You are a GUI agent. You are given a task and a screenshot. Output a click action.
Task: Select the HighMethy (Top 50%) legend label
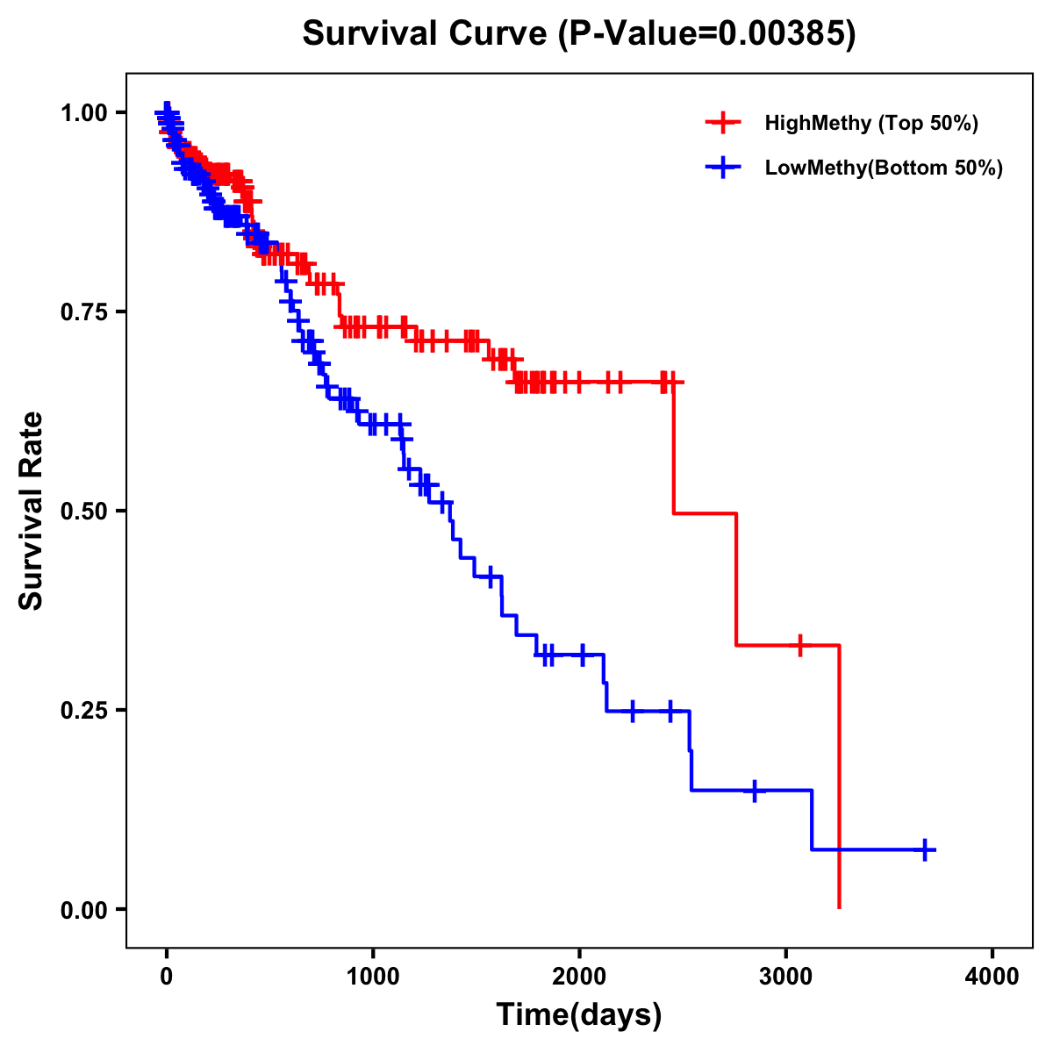tap(870, 123)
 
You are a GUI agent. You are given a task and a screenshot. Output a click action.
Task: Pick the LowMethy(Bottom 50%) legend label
tap(884, 168)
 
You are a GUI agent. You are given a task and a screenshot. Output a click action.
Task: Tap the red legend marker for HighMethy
tap(723, 123)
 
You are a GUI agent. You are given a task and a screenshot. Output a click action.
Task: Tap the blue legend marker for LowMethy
tap(723, 168)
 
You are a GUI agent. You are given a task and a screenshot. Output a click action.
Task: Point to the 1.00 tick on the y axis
tap(84, 113)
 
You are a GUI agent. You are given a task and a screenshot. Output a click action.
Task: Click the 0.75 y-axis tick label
tap(84, 312)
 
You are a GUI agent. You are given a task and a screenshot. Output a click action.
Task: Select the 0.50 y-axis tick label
tap(84, 512)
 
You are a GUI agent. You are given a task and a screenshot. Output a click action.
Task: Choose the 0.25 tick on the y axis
tap(84, 711)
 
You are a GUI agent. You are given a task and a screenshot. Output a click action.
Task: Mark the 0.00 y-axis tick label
tap(84, 910)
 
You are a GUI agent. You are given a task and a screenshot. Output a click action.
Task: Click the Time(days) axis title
tap(579, 1015)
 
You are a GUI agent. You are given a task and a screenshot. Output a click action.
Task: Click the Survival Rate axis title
tap(32, 511)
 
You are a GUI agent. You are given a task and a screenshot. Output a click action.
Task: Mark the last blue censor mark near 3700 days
tap(925, 849)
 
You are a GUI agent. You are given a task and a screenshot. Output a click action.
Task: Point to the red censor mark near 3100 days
tap(799, 645)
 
